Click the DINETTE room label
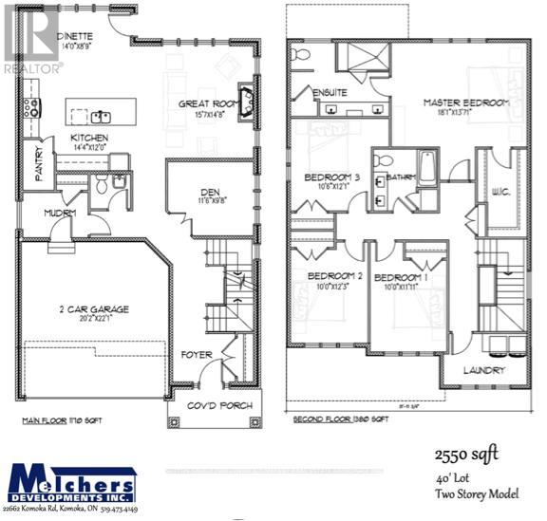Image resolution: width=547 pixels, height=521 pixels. coord(71,36)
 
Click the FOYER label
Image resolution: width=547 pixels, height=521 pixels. coord(197,356)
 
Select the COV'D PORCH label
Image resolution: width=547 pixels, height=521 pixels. coord(219,406)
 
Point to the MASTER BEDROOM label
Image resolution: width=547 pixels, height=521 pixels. coord(466,102)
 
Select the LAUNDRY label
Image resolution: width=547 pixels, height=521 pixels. coord(484,370)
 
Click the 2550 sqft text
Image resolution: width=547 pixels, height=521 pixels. coord(465,455)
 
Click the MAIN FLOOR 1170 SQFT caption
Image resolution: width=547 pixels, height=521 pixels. coord(63,419)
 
